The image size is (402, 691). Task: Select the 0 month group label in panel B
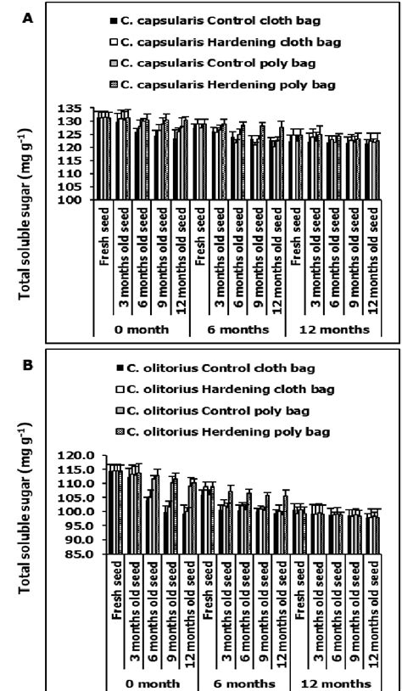click(x=142, y=682)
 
